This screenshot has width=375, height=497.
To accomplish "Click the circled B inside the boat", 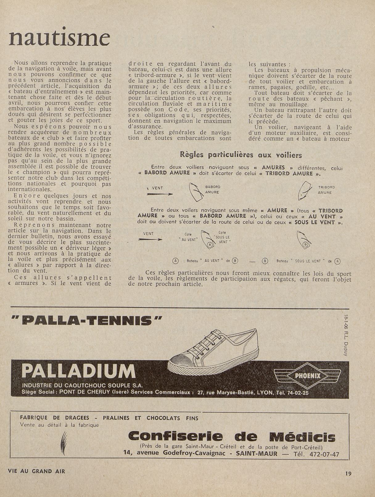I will (306, 244).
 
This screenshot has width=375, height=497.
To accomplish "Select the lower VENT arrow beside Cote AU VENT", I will (150, 239).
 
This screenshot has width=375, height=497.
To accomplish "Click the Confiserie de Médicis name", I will (232, 437).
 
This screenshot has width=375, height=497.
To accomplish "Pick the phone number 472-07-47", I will (327, 454).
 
